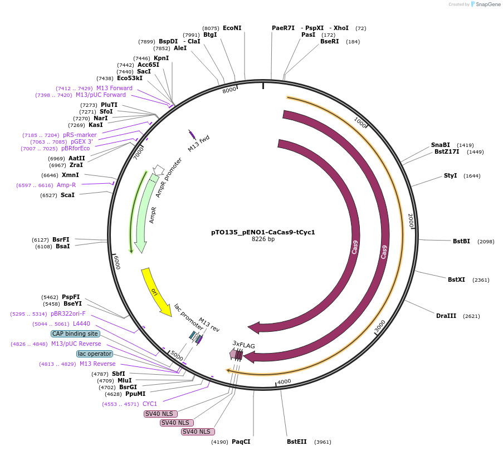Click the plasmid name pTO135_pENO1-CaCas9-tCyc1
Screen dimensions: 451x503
(x=263, y=232)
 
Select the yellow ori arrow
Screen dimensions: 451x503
(x=155, y=291)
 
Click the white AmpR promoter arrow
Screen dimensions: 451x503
(x=159, y=169)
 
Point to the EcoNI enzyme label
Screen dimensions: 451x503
(x=232, y=28)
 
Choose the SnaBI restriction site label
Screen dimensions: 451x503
(x=440, y=145)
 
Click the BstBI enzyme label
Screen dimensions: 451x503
(x=461, y=241)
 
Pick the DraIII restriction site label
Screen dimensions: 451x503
(x=446, y=316)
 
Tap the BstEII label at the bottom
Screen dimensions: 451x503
(x=296, y=442)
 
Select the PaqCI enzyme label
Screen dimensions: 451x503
(x=241, y=442)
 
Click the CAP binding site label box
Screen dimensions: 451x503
(x=76, y=334)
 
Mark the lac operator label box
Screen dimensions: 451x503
(x=94, y=354)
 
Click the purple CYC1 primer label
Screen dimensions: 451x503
(x=150, y=404)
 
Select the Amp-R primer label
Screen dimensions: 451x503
(x=66, y=185)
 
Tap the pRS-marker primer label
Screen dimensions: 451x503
(x=80, y=135)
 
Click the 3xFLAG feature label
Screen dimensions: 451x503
(x=243, y=345)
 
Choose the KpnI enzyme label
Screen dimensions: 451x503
(x=161, y=58)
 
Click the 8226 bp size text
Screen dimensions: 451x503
(x=263, y=239)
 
